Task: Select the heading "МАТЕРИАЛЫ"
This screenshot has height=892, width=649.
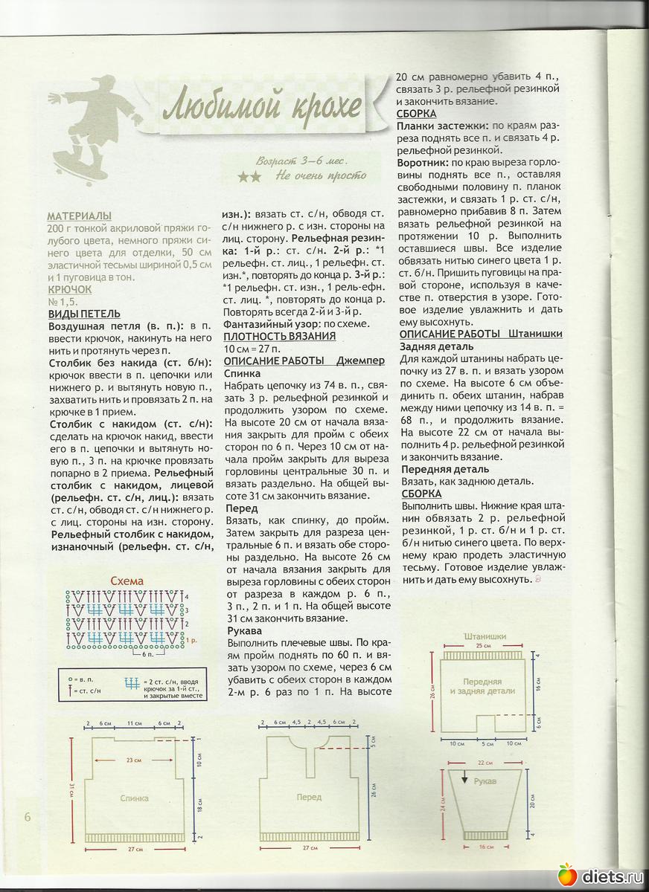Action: [x=78, y=216]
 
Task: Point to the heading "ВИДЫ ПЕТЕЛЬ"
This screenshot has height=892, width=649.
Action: [x=84, y=314]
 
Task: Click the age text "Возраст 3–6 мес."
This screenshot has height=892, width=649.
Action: [x=301, y=161]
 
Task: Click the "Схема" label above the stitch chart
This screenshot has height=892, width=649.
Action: [x=127, y=581]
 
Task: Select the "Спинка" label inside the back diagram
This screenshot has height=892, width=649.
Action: [x=134, y=798]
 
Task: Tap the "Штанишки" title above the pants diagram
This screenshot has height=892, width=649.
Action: [x=485, y=636]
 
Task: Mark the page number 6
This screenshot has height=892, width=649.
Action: [x=27, y=817]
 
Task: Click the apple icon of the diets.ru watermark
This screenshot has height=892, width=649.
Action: [x=566, y=875]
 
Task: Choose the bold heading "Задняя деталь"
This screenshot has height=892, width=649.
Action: [x=436, y=346]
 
